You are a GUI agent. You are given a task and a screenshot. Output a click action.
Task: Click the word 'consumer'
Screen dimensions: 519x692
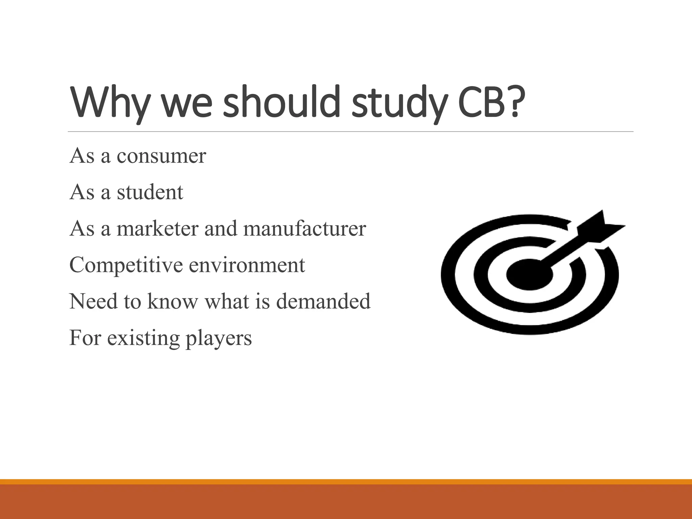tap(161, 156)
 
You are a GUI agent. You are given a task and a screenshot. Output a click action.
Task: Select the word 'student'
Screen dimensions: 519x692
tap(150, 192)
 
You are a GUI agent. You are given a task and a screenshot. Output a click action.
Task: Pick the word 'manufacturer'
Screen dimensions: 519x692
tap(304, 229)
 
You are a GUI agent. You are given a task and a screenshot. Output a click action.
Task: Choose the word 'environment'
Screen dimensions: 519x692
tap(247, 266)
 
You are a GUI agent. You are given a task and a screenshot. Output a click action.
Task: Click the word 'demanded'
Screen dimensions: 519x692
tap(323, 301)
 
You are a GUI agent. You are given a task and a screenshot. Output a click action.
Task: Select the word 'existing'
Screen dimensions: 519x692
tap(143, 338)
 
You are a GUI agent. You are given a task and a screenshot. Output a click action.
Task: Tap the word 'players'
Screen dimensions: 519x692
tap(219, 338)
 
